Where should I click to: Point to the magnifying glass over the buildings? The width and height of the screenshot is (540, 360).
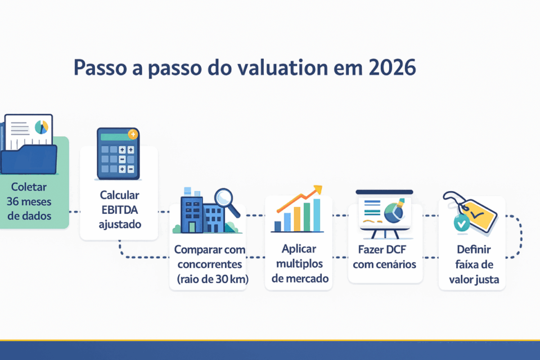click(x=226, y=200)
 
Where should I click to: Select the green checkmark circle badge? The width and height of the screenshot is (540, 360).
click(x=462, y=224)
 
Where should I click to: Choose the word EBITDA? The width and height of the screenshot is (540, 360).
click(x=120, y=210)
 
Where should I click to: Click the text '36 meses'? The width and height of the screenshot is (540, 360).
click(x=28, y=201)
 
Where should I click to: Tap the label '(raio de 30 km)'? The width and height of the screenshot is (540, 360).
click(x=208, y=278)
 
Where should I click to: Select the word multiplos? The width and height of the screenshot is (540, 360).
click(x=299, y=263)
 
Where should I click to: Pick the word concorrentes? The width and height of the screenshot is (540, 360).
click(x=208, y=264)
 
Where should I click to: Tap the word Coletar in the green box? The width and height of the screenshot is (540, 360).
click(x=28, y=186)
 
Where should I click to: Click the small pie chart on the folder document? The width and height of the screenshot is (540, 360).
click(x=41, y=127)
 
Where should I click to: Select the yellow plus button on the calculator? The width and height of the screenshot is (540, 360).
click(x=133, y=134)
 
